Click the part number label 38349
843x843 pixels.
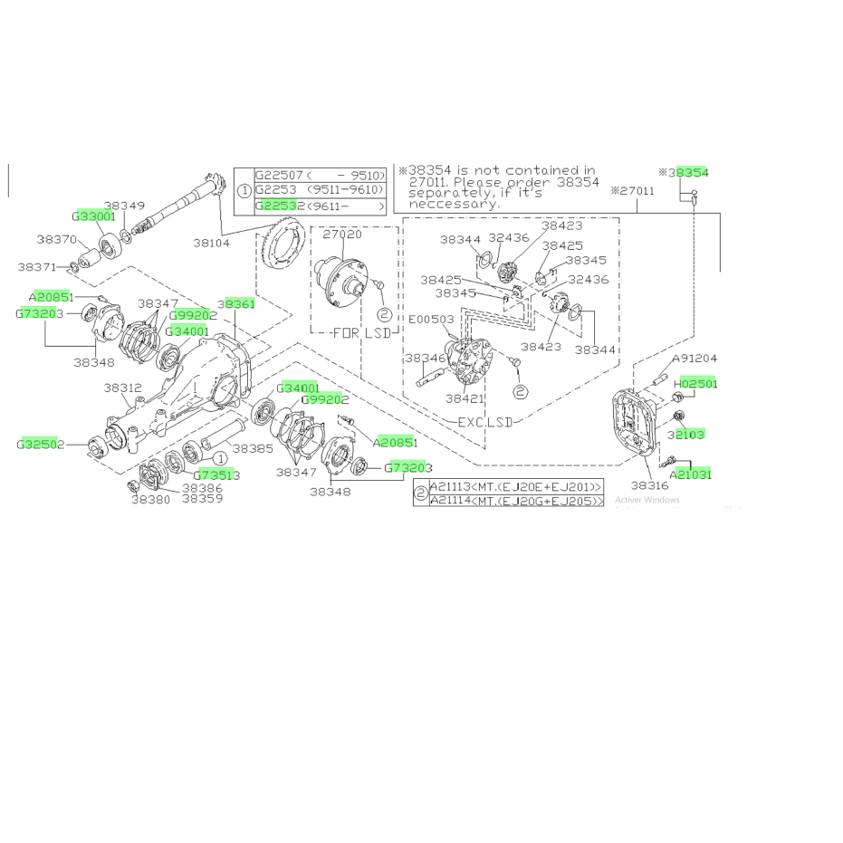pyautogui.click(x=124, y=206)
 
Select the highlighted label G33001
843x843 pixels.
pyautogui.click(x=93, y=217)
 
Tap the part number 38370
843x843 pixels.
pyautogui.click(x=56, y=240)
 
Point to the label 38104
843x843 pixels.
pyautogui.click(x=213, y=243)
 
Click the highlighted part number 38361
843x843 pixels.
pyautogui.click(x=235, y=304)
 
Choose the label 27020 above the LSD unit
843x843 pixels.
pyautogui.click(x=341, y=234)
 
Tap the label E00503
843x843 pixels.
pyautogui.click(x=431, y=319)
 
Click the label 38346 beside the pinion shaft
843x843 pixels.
pyautogui.click(x=424, y=359)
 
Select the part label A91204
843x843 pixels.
pyautogui.click(x=694, y=359)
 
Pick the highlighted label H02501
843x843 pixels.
pyautogui.click(x=694, y=384)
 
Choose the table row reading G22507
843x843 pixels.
pyautogui.click(x=321, y=176)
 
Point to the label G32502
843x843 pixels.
pyautogui.click(x=40, y=445)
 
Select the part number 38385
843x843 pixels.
pyautogui.click(x=253, y=447)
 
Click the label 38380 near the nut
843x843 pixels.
pyautogui.click(x=150, y=499)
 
